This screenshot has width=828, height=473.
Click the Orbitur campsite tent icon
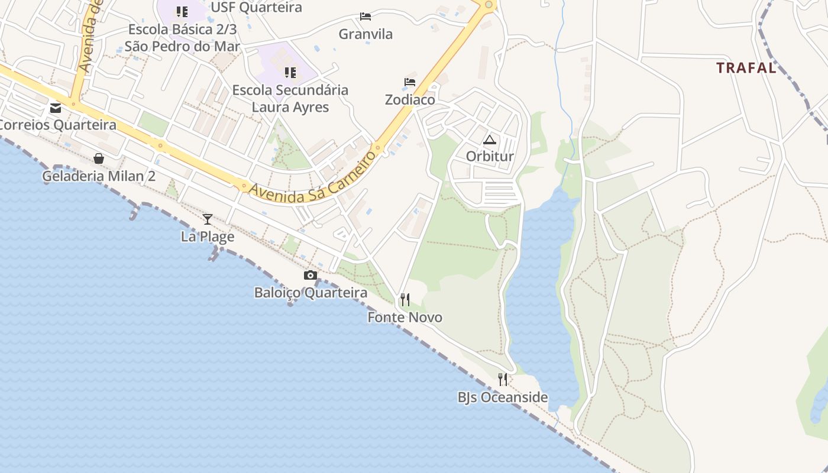[x=489, y=140]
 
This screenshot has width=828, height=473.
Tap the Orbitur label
[x=490, y=157]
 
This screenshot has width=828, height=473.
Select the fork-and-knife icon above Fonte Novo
[x=405, y=300]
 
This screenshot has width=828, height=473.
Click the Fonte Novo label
[x=405, y=318]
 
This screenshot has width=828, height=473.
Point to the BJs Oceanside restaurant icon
[x=503, y=379]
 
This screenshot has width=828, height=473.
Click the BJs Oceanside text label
[x=503, y=397]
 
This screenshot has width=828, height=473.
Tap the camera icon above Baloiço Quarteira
[x=310, y=275]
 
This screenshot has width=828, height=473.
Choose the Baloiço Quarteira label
[x=310, y=293]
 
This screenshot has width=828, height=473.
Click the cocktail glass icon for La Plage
[x=208, y=219]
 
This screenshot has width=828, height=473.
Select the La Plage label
[x=208, y=237]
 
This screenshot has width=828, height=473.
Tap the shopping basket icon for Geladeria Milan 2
[x=99, y=158]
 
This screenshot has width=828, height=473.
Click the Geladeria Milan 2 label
[x=99, y=176]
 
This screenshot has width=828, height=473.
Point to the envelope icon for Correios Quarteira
[x=56, y=108]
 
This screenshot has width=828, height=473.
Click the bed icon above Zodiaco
[x=410, y=82]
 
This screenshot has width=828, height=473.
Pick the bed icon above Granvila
[x=366, y=16]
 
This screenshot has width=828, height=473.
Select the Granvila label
[x=366, y=34]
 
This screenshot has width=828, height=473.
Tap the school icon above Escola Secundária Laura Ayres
[x=290, y=72]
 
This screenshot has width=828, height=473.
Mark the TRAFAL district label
[x=746, y=68]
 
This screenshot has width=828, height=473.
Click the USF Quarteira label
[x=256, y=8]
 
